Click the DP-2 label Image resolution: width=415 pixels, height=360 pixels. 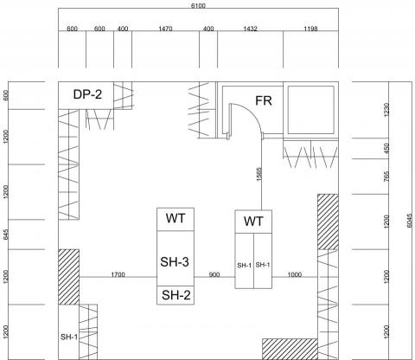tap(87, 94)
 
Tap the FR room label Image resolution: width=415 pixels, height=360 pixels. tap(264, 100)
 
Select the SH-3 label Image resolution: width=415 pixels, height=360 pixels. tap(175, 262)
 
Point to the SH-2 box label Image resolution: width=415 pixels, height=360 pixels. tap(176, 295)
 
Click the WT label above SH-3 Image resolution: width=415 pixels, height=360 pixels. tap(176, 218)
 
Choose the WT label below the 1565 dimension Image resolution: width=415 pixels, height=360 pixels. tap(253, 222)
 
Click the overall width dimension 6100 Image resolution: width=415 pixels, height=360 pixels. tap(198, 5)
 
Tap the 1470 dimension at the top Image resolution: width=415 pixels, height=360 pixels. tap(165, 29)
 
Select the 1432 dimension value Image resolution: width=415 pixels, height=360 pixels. tap(250, 29)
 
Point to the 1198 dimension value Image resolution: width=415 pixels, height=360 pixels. tap(310, 29)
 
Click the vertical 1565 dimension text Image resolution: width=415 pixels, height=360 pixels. tap(259, 174)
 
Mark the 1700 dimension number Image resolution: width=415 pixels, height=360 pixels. tap(118, 274)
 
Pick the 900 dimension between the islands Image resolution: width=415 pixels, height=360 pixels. tap(214, 274)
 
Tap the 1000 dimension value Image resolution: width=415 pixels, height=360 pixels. tap(295, 274)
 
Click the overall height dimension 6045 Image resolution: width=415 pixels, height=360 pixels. tap(410, 221)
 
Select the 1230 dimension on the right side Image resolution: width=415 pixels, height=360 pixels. tap(386, 110)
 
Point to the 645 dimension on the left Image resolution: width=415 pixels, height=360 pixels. tap(6, 235)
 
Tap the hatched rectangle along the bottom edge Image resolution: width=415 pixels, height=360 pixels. tap(290, 349)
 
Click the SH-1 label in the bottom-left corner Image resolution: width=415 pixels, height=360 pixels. tap(69, 337)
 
